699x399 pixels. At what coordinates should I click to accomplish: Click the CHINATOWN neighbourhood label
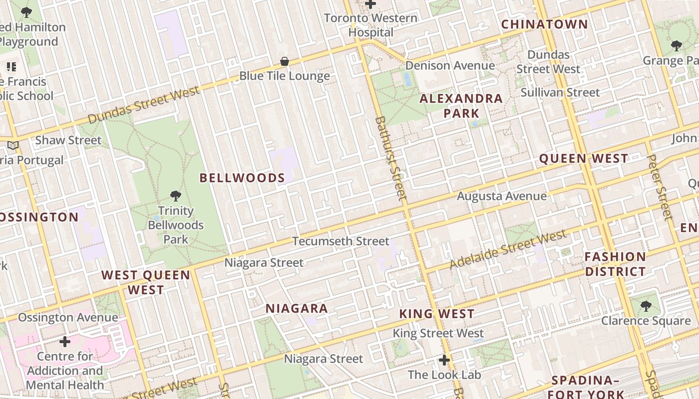[x=544, y=24]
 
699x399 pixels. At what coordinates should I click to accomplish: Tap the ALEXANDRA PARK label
[x=461, y=106]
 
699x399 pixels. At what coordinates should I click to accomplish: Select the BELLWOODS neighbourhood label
[x=242, y=178]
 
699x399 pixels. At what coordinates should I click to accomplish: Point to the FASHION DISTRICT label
[x=615, y=264]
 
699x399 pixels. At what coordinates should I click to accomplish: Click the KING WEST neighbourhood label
[x=437, y=314]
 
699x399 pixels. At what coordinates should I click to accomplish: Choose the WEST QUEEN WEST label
[x=146, y=282]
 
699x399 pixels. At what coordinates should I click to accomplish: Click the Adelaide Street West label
[x=508, y=249]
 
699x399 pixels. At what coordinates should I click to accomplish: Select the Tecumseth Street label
[x=341, y=241]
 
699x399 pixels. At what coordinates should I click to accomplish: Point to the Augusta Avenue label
[x=502, y=197]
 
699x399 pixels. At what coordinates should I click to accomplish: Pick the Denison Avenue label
[x=450, y=66]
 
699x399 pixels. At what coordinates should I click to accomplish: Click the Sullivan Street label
[x=560, y=93]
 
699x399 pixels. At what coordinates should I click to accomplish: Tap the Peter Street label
[x=660, y=187]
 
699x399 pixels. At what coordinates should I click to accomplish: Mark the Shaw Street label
[x=68, y=140]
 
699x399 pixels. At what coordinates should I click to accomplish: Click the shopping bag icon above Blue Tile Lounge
[x=285, y=62]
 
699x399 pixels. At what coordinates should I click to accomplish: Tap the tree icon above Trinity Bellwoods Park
[x=175, y=196]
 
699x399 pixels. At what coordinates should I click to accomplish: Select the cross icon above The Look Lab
[x=444, y=360]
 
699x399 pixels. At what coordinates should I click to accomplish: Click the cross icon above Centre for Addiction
[x=65, y=342]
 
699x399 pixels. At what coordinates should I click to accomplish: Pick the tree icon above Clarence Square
[x=646, y=306]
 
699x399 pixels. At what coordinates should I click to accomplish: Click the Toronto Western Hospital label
[x=370, y=25]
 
